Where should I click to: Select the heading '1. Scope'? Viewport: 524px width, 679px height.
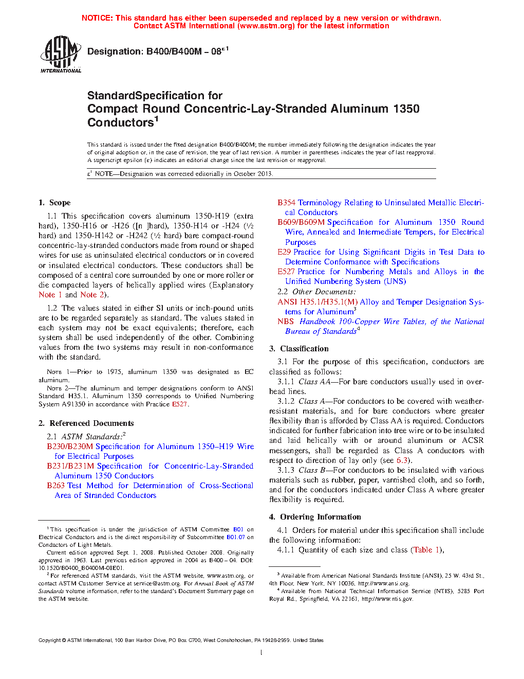click(54, 203)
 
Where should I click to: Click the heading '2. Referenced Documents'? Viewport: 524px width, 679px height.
click(86, 423)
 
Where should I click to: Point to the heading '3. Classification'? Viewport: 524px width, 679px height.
click(299, 349)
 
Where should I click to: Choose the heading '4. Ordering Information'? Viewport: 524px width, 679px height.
click(315, 517)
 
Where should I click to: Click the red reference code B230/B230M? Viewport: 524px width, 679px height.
click(70, 446)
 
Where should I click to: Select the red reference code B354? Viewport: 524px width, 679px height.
click(286, 203)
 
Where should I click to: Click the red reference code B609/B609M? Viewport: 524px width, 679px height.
click(301, 222)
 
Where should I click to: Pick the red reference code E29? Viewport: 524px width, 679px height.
click(284, 252)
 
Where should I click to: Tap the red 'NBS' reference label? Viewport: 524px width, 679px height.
click(286, 321)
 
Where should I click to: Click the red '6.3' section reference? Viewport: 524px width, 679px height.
click(402, 460)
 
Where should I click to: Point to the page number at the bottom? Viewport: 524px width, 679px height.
click(261, 653)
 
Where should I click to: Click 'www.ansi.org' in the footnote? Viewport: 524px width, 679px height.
click(392, 584)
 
